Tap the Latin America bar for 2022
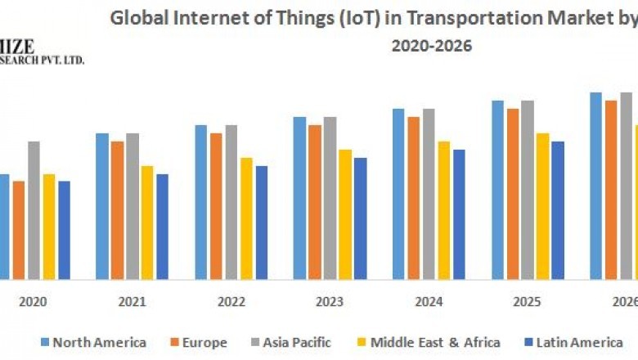262,222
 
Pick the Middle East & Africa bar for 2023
345,214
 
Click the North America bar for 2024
398,193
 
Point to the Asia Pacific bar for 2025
528,189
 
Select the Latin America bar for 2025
558,209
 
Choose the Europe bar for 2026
611,189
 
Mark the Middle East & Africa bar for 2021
147,222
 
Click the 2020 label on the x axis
34,302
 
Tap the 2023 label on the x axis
330,302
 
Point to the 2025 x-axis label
528,302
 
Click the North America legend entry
93,342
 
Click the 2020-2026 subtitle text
431,47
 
